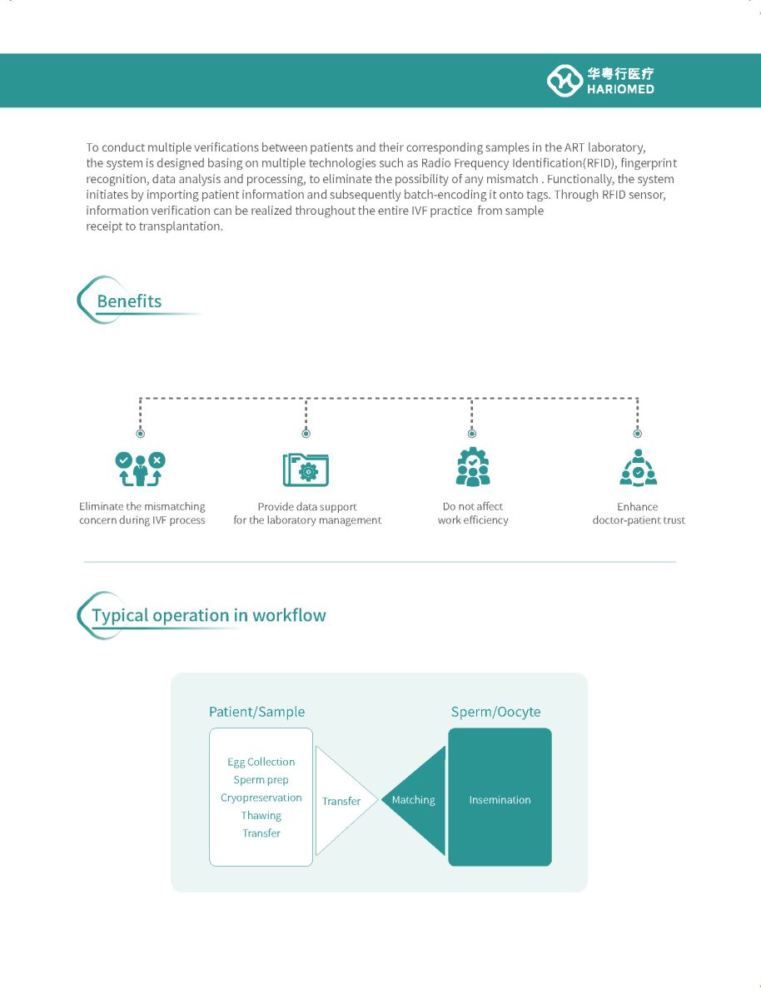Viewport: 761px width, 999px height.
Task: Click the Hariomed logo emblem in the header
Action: pos(565,81)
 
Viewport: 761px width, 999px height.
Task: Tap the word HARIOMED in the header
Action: pos(620,89)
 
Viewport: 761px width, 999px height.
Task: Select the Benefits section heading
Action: pos(129,301)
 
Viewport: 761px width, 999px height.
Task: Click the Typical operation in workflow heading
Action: pos(209,615)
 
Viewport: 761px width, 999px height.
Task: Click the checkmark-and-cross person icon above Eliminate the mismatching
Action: pos(140,469)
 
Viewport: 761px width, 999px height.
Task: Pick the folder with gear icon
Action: pos(306,470)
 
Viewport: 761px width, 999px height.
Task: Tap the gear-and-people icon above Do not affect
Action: pos(473,467)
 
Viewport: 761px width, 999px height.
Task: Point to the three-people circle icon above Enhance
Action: pos(638,468)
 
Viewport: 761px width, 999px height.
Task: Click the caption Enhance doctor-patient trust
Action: pos(639,514)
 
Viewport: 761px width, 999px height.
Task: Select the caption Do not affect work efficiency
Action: pos(473,514)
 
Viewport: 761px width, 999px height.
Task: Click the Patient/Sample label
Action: pos(256,712)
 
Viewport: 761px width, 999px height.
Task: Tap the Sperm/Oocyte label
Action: pos(495,712)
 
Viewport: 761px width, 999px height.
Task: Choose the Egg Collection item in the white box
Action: pos(261,763)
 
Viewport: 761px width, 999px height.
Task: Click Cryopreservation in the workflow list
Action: pos(261,798)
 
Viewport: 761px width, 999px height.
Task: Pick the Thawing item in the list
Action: pos(261,816)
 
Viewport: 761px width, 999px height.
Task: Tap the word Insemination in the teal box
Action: pos(500,800)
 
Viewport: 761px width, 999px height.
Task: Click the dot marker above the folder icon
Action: pos(306,433)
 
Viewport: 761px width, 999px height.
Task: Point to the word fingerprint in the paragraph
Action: pos(649,163)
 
